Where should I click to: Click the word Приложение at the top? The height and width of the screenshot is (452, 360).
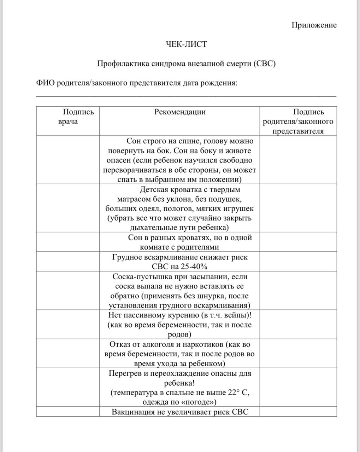314,25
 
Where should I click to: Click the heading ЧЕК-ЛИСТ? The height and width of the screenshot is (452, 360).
187,44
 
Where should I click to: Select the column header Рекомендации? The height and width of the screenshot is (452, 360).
180,112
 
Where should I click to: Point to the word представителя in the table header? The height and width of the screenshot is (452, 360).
298,131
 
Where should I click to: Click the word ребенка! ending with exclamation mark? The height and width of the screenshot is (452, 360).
179,383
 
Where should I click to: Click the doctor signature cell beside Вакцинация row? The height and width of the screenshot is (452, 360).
68,412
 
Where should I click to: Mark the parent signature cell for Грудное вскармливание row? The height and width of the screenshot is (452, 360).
298,262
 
